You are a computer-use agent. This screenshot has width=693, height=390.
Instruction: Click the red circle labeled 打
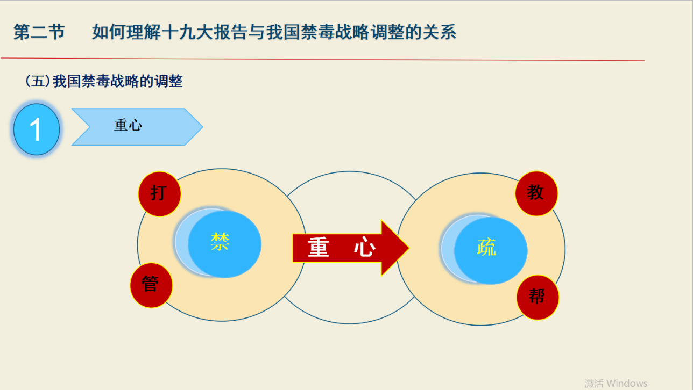click(x=160, y=194)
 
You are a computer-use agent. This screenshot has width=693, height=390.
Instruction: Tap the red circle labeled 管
click(x=151, y=285)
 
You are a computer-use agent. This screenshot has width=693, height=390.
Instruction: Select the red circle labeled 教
click(x=536, y=193)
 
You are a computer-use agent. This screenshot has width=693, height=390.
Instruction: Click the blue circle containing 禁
click(x=224, y=244)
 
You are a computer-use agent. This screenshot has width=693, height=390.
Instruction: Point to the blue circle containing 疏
click(x=491, y=250)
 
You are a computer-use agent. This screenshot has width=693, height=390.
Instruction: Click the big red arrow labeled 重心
click(x=351, y=248)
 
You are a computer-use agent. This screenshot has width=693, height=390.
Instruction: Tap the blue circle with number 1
click(x=37, y=129)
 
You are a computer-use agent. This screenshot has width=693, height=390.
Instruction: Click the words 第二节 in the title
click(x=39, y=32)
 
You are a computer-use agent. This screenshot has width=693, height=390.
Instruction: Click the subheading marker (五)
click(x=38, y=81)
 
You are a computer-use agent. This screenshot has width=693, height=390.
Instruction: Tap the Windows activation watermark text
click(x=616, y=383)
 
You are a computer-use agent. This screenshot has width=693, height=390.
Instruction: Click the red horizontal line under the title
click(x=323, y=59)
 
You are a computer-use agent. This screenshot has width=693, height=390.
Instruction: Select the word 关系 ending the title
click(x=439, y=32)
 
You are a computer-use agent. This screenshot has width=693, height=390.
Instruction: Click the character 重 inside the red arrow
click(x=318, y=247)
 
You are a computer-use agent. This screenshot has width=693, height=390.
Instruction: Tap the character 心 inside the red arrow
click(x=365, y=247)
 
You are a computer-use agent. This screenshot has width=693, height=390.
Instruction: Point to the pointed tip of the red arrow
click(x=409, y=248)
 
